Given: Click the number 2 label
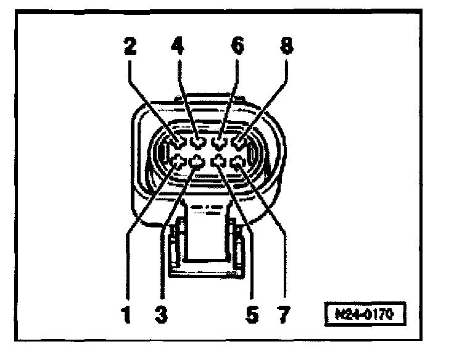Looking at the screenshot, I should [x=131, y=46].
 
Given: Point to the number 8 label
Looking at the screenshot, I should [x=286, y=46].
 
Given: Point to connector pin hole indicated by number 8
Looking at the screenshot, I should [x=238, y=144].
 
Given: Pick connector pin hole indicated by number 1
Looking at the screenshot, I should [x=178, y=163].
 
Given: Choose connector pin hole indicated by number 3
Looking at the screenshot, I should [x=197, y=163].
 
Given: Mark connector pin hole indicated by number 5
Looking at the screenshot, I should [x=218, y=163].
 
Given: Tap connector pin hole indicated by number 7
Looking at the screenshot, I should [x=237, y=163].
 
